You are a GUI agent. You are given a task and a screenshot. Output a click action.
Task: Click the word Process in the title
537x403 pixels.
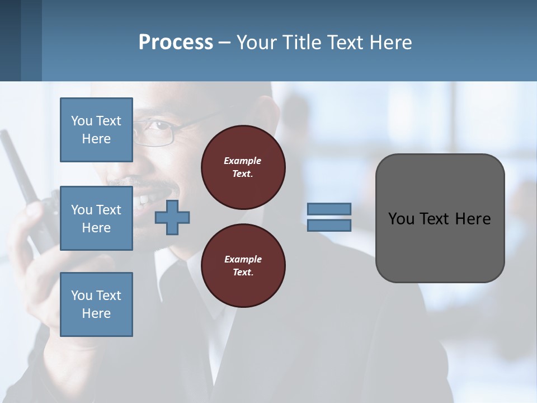pyautogui.click(x=176, y=42)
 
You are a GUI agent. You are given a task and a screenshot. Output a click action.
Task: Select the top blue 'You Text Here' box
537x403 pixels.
pyautogui.click(x=96, y=130)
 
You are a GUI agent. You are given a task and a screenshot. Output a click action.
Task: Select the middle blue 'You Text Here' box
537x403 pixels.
pyautogui.click(x=96, y=218)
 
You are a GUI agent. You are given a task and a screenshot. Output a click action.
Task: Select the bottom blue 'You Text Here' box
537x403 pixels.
pyautogui.click(x=96, y=304)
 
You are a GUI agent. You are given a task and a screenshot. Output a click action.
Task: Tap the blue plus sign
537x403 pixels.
pyautogui.click(x=172, y=218)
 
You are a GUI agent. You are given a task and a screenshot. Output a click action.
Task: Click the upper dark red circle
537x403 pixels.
pyautogui.click(x=243, y=167)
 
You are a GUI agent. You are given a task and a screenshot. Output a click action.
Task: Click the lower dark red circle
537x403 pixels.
pyautogui.click(x=243, y=266)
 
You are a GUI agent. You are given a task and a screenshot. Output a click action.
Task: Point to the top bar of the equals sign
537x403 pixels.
pyautogui.click(x=329, y=209)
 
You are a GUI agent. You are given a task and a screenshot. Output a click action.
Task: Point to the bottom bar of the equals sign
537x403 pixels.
pyautogui.click(x=329, y=225)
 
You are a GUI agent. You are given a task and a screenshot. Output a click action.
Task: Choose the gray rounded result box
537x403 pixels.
pyautogui.click(x=440, y=246)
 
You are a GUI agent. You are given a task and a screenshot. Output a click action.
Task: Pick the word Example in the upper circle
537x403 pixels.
pyautogui.click(x=243, y=161)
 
